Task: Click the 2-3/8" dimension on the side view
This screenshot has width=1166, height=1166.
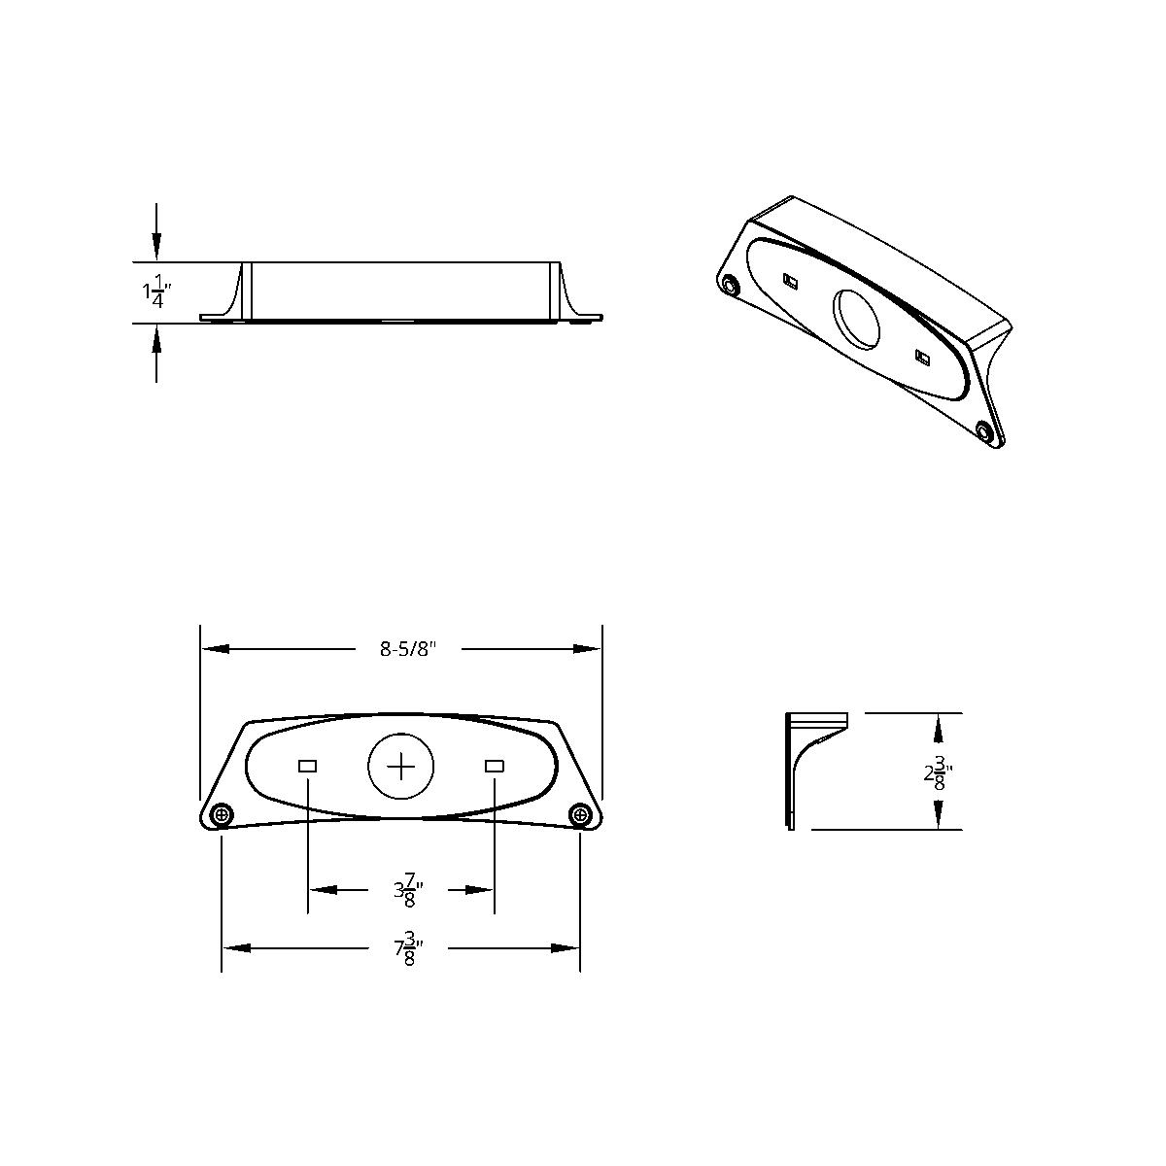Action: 937,774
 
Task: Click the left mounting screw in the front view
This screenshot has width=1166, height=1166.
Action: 222,814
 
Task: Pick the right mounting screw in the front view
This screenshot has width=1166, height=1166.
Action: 580,814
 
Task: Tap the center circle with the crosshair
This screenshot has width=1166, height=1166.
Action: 400,767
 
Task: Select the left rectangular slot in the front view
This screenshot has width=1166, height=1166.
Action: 307,767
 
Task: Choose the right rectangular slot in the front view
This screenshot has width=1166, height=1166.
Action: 494,767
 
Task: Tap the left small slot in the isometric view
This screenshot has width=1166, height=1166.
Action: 790,282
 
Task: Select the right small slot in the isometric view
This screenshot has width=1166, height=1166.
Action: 922,357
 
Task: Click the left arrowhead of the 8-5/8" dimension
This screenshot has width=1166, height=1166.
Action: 214,649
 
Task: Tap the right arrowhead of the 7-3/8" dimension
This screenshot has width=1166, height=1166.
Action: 567,948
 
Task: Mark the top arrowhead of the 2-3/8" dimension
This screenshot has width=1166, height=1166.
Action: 938,725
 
